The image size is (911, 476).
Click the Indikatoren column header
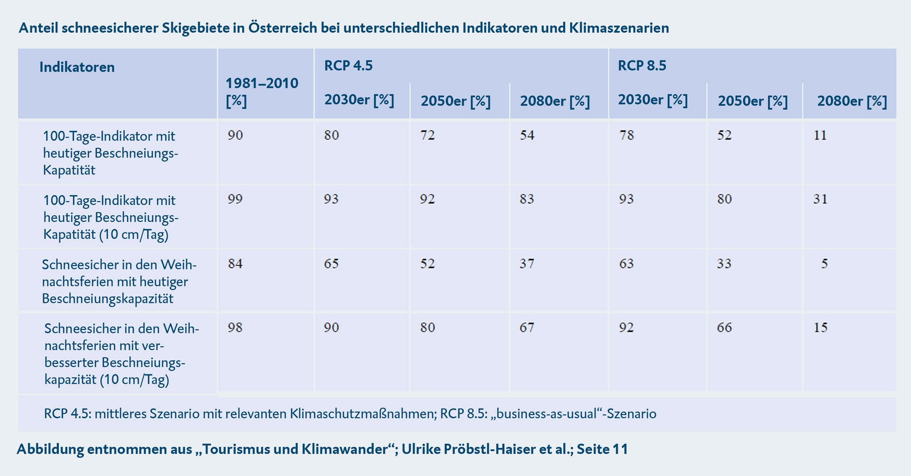point(77,67)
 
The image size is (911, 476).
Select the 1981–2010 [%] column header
point(261,92)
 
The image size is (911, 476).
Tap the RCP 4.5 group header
point(348,65)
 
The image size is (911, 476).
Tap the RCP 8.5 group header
point(642,65)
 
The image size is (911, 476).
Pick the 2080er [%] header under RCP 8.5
point(852,101)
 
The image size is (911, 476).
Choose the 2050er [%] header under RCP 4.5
point(455,101)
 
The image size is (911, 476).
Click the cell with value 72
point(428,135)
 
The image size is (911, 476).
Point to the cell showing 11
point(820,135)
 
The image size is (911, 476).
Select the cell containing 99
point(235,199)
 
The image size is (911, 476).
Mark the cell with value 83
point(527,199)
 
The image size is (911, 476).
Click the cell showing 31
point(820,199)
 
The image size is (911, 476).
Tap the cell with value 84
point(235,264)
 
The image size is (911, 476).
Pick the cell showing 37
point(527,264)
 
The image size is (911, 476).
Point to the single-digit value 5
point(825,264)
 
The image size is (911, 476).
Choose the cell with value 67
point(527,328)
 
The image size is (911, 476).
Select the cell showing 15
point(820,328)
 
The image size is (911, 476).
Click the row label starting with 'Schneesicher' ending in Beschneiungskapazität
point(119,282)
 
